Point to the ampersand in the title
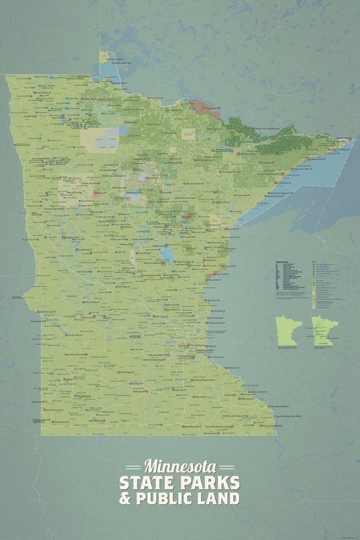[125, 498]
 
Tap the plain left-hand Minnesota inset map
[287, 332]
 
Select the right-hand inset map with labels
[324, 332]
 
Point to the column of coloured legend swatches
[314, 284]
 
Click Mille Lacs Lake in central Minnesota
[167, 255]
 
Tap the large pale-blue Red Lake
[107, 137]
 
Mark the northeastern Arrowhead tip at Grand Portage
[346, 140]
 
